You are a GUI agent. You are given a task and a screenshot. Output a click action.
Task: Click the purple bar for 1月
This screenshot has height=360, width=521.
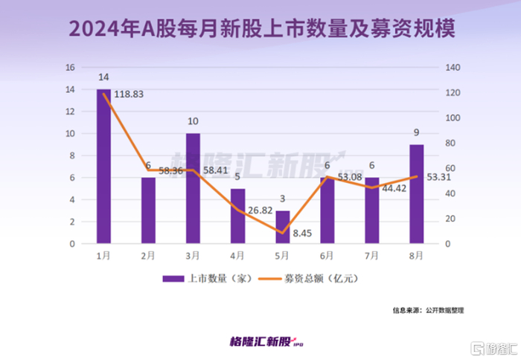click(103, 167)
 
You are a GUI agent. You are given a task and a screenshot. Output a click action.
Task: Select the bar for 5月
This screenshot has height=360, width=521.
click(282, 227)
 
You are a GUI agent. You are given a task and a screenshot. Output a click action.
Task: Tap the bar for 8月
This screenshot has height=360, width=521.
click(417, 194)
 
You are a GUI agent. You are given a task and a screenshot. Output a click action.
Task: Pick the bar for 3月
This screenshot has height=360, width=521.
click(193, 189)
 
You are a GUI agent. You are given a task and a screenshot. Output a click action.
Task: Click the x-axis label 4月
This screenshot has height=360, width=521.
click(237, 255)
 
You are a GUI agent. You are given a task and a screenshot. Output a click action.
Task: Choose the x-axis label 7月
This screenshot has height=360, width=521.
click(372, 255)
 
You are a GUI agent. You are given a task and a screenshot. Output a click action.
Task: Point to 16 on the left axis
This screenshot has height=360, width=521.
click(71, 67)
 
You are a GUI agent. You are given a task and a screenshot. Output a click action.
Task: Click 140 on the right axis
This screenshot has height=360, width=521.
click(453, 67)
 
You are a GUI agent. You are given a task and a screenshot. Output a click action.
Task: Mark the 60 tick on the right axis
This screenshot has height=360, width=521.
click(451, 168)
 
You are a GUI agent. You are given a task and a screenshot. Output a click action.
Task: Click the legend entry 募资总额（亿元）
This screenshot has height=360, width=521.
click(316, 278)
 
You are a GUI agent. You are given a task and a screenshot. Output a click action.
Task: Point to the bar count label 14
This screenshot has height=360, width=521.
click(103, 77)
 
